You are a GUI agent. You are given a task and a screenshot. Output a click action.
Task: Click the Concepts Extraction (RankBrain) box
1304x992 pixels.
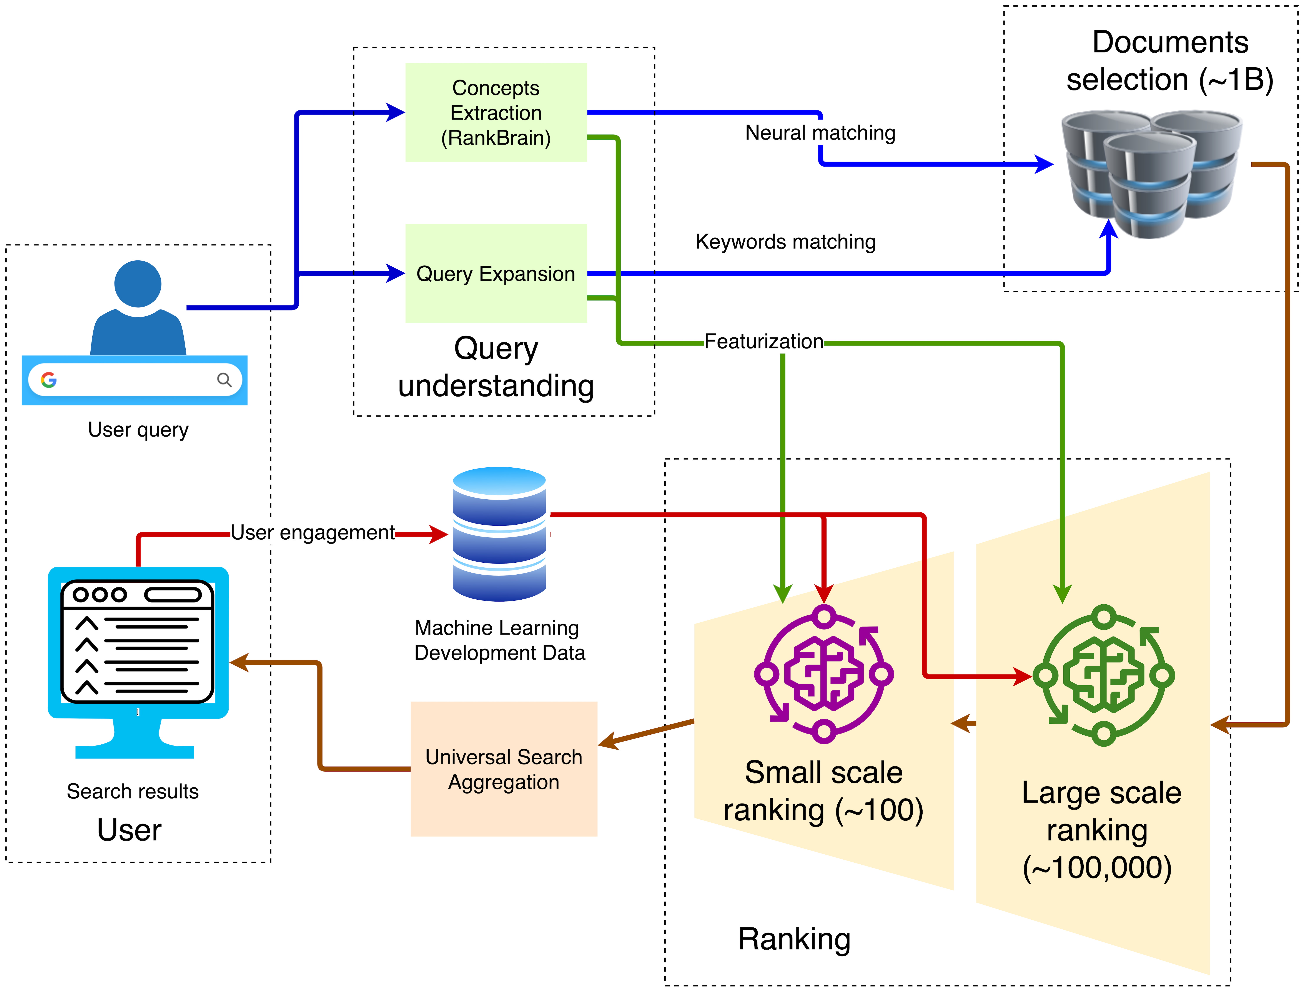[x=496, y=112]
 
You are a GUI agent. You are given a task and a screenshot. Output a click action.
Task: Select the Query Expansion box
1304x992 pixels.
[x=496, y=273]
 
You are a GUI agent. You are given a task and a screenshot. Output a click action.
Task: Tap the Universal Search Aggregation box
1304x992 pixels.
[x=504, y=769]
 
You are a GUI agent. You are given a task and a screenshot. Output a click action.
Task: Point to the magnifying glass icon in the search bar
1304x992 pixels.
[x=224, y=380]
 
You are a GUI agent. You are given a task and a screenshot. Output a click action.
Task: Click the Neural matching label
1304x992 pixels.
[x=820, y=133]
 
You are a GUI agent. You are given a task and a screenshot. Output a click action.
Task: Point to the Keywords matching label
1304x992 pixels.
[x=785, y=242]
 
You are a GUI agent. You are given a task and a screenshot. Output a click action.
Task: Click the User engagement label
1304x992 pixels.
[x=312, y=533]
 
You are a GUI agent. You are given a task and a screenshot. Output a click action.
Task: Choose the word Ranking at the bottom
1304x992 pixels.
[x=794, y=939]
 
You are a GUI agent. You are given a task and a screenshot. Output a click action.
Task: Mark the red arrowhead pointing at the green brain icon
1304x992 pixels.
[x=1023, y=676]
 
